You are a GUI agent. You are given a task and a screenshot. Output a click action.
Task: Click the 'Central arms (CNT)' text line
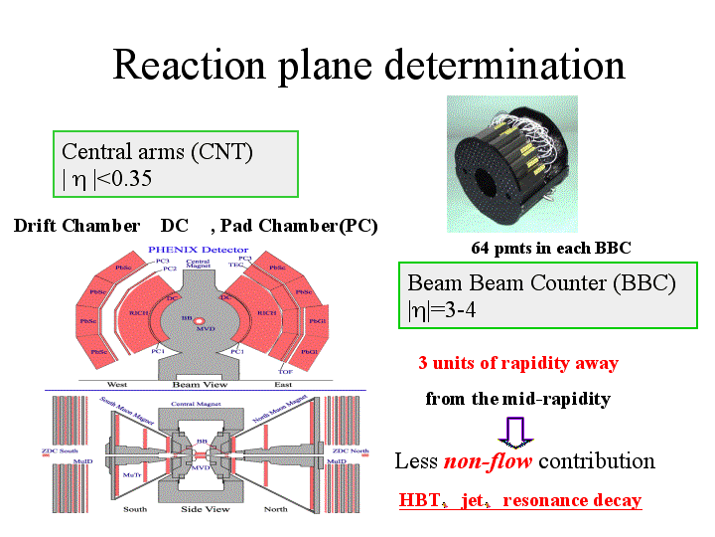click(158, 151)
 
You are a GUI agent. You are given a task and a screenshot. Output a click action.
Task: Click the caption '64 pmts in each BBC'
click(551, 248)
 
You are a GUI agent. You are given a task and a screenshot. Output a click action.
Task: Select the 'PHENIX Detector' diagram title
click(197, 251)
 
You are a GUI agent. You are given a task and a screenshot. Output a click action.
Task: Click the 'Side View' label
click(203, 508)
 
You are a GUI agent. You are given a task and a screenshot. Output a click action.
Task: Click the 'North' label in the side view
click(274, 508)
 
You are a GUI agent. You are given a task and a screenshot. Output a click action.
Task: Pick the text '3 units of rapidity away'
click(518, 363)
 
